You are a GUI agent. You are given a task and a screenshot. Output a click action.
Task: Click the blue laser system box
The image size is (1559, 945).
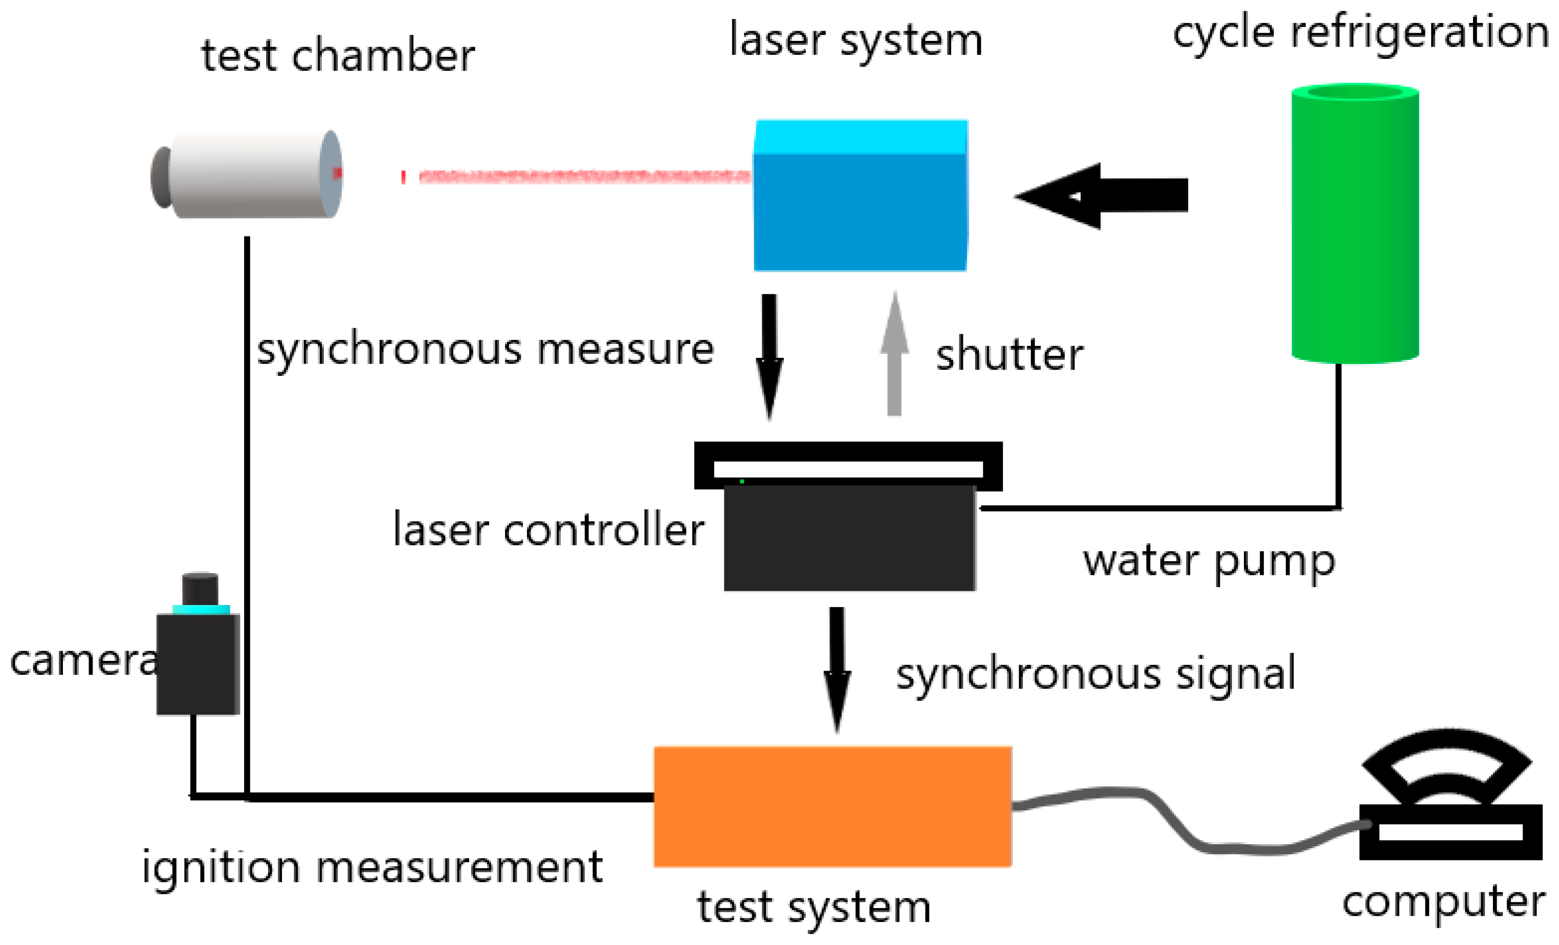coord(861,196)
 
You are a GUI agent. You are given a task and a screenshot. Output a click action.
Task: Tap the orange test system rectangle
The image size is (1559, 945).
coord(832,806)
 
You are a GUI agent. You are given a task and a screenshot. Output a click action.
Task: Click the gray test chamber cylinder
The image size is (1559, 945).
coord(250,175)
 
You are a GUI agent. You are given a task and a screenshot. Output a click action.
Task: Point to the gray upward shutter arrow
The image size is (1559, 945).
coord(894,354)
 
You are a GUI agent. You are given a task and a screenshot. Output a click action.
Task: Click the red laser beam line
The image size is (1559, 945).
coord(582,176)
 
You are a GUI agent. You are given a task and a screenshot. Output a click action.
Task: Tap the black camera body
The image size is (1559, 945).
coord(197,664)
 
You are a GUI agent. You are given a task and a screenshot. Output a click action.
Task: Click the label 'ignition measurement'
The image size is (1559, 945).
coord(372,867)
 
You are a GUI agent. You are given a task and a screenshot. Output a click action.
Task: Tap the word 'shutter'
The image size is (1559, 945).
coord(1009,354)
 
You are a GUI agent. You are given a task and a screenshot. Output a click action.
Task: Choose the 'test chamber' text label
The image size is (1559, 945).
coord(338,56)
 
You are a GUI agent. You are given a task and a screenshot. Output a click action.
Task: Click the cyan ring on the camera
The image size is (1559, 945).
coord(201,610)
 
